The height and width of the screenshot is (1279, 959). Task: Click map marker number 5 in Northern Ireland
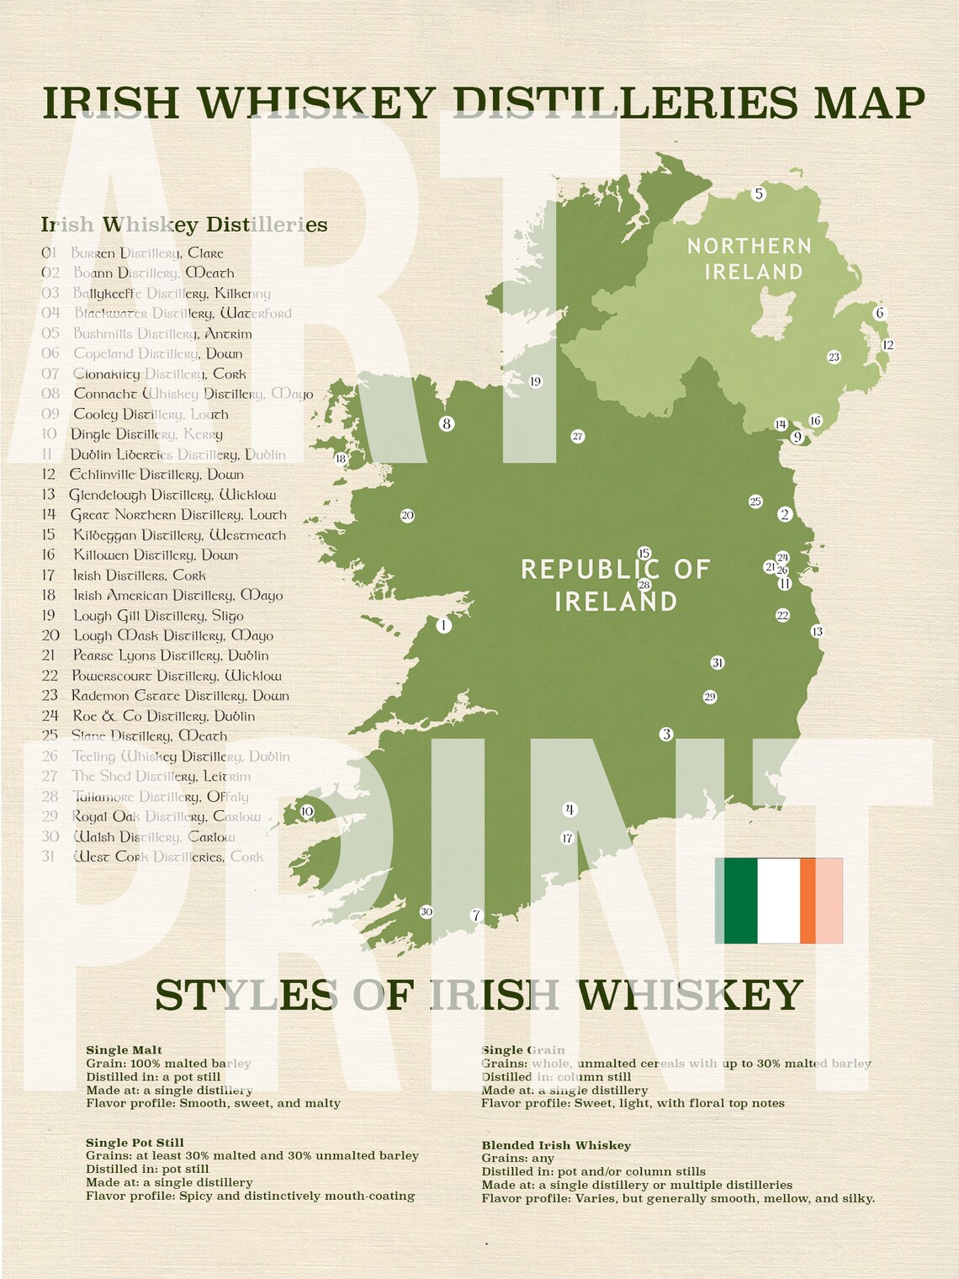(x=758, y=194)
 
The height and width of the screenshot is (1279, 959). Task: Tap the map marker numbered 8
(x=447, y=424)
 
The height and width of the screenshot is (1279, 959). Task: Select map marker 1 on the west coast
(x=443, y=625)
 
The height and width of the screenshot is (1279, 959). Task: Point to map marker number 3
(x=666, y=734)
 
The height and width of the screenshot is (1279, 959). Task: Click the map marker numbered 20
(x=407, y=516)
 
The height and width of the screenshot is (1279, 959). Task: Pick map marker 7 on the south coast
(x=476, y=915)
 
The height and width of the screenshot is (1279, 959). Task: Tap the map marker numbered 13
(x=816, y=632)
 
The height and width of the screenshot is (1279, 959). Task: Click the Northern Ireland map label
(x=749, y=258)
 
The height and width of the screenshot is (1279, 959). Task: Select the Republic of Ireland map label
(x=616, y=585)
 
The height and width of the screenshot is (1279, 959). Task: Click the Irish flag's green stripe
(x=740, y=900)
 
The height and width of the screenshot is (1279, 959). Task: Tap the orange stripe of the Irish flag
(x=808, y=900)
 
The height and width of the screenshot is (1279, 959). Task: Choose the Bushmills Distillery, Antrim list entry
(x=162, y=334)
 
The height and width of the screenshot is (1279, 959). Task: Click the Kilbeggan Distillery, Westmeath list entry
(x=178, y=535)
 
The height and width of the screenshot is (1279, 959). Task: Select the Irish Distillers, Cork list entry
(x=139, y=576)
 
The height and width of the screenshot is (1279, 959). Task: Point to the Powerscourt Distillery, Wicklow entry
(x=176, y=676)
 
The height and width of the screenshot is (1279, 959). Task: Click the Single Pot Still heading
(x=135, y=1143)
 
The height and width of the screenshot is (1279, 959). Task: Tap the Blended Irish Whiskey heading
(x=555, y=1145)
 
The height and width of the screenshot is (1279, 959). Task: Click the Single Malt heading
(x=124, y=1050)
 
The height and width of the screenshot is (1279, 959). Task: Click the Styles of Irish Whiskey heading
(x=479, y=995)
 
